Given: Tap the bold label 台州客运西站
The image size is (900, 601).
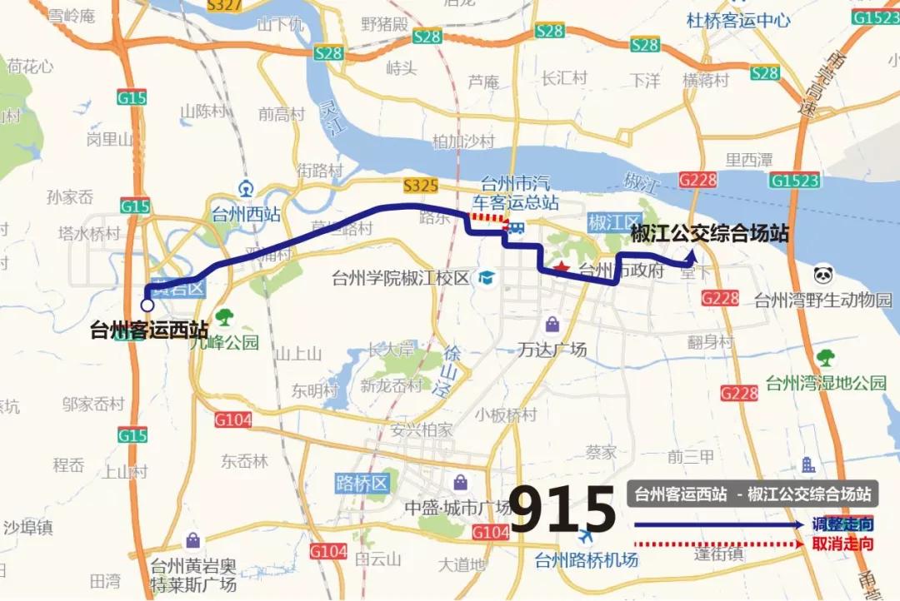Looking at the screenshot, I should (150, 330).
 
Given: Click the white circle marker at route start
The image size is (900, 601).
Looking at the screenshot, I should (147, 305).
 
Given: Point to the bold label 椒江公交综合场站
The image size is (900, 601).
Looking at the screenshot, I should (709, 233).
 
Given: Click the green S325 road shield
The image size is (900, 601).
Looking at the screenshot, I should (420, 186).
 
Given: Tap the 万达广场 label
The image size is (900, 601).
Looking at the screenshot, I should (552, 349).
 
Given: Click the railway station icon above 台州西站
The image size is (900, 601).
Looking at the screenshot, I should (246, 188).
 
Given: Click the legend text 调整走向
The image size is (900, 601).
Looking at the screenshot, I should (842, 524).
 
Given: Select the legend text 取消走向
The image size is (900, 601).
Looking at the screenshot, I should (842, 544).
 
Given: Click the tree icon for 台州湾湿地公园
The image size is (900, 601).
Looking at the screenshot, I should (826, 358).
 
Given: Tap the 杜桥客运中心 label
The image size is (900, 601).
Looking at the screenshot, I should (737, 20).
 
